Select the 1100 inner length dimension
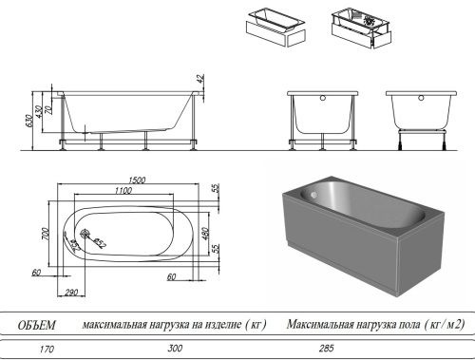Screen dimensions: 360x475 pos(118,191)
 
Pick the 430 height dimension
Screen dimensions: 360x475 pos(39,114)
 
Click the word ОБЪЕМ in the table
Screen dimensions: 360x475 pos(37,325)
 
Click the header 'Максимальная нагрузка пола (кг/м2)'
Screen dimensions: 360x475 pos(376,325)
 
